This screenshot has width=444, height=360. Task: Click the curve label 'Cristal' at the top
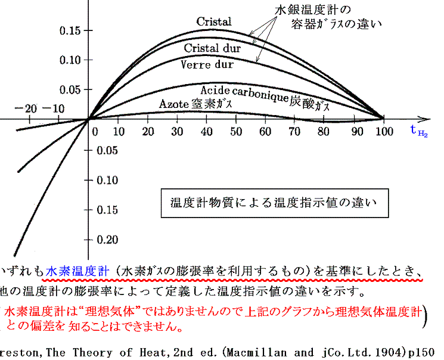(x=214, y=21)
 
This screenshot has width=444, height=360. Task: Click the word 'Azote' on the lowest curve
(x=174, y=104)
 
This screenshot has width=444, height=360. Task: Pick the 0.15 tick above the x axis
(x=63, y=30)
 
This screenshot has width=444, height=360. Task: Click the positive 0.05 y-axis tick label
(x=63, y=90)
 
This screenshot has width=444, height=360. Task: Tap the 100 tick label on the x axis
(x=384, y=131)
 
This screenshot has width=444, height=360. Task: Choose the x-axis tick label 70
(x=294, y=131)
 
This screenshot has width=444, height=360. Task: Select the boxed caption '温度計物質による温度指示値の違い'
(x=275, y=204)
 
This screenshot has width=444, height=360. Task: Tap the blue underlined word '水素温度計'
(x=79, y=270)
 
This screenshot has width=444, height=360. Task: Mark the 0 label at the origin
(x=94, y=130)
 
